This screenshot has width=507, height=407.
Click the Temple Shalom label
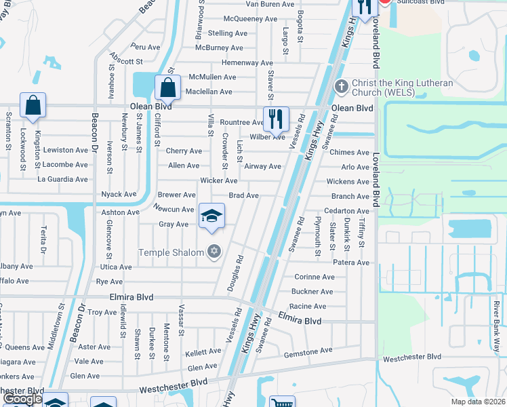tap(171, 253)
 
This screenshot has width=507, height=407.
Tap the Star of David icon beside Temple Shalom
tap(214, 252)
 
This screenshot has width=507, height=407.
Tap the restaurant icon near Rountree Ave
tap(276, 119)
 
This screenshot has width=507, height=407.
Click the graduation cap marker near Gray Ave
tap(211, 216)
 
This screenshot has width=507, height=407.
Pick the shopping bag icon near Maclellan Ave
tap(167, 88)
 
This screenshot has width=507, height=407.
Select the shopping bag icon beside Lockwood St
tap(33, 105)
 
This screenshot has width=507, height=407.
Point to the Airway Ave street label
tap(262, 166)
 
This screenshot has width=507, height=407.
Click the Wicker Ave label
tap(219, 181)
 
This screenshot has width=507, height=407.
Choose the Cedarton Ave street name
tap(346, 212)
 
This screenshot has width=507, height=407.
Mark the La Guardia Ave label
tap(62, 180)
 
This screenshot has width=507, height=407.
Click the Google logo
tap(22, 400)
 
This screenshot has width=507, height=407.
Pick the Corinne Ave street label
tap(315, 277)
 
